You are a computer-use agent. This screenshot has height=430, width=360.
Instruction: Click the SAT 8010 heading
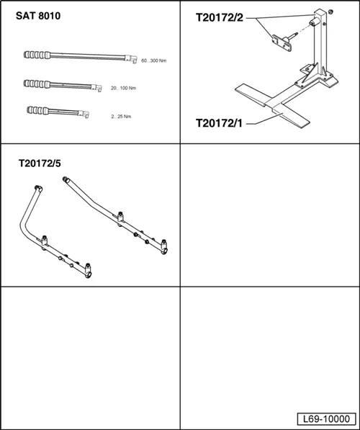[x=38, y=16]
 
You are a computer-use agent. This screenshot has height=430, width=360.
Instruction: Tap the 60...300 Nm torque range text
[x=153, y=61]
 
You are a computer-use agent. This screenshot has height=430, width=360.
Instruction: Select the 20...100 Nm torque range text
[x=123, y=88]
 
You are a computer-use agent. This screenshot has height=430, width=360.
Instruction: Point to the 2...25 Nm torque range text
[x=121, y=117]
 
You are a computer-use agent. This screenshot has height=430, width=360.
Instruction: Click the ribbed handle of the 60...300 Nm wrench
[x=37, y=55]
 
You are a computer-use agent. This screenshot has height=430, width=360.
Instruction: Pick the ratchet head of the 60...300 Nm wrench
[x=131, y=59]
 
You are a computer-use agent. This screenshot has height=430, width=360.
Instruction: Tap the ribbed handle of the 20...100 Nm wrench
[x=37, y=84]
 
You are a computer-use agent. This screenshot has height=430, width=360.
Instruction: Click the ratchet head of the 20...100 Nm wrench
[x=96, y=88]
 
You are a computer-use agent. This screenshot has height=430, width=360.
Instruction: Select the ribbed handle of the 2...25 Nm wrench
[x=38, y=110]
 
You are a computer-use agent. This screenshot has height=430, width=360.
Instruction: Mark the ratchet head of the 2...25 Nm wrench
[x=84, y=114]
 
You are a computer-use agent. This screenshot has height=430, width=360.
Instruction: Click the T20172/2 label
[x=220, y=17]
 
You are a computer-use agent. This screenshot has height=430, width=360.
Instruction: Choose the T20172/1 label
[x=219, y=123]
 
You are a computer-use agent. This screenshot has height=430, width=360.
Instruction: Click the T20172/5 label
[x=40, y=164]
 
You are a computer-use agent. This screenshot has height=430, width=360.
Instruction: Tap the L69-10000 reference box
[x=327, y=418]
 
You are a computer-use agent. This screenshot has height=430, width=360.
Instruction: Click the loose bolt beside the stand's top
[x=331, y=12]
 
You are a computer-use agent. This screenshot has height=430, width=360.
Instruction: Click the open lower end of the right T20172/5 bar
[x=163, y=251]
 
